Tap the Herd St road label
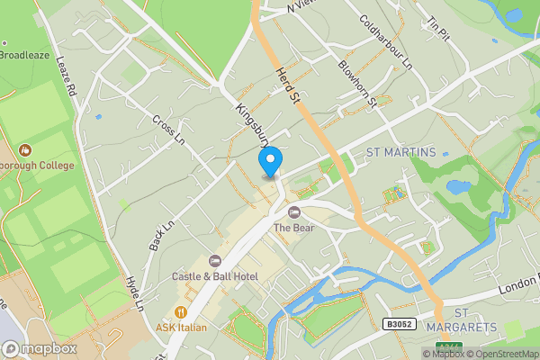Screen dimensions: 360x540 point(287,85)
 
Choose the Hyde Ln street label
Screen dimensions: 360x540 point(136,293)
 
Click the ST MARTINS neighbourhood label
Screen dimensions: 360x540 point(400,152)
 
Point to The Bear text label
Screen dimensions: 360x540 point(294,228)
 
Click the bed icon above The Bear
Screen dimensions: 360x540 point(294,211)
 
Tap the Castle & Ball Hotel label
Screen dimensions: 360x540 point(215,275)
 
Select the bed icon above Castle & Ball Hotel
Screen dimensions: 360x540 point(214,260)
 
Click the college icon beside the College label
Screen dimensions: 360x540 point(24,148)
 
